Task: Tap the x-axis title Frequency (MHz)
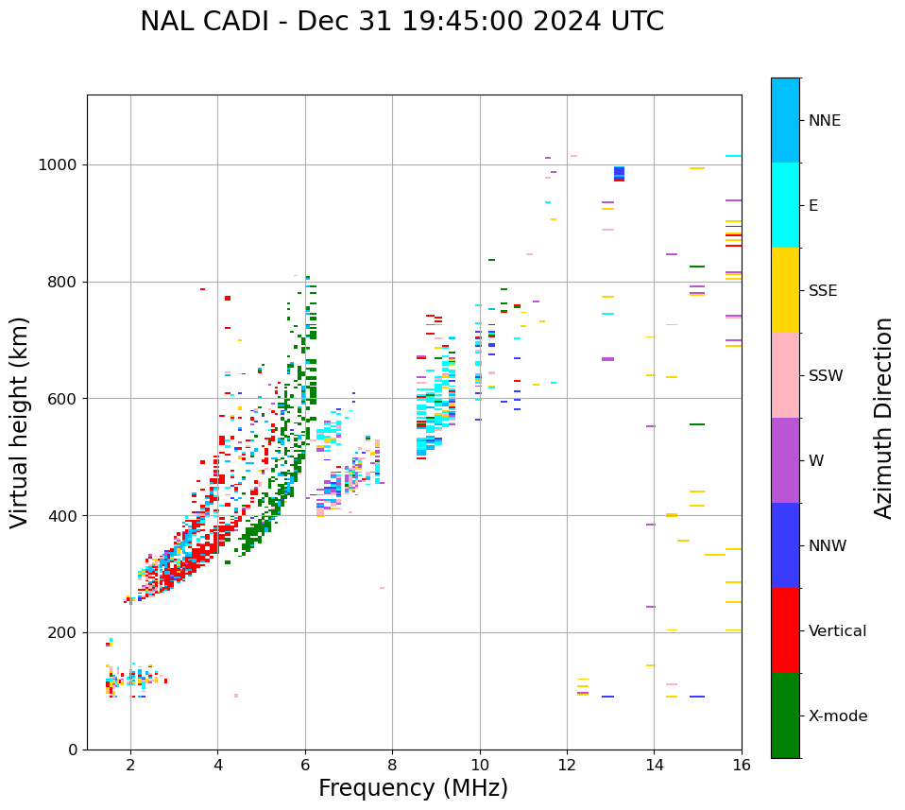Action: click(x=413, y=788)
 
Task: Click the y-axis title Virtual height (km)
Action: click(x=20, y=422)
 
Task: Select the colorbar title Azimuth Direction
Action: click(x=883, y=418)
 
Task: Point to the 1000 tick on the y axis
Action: click(x=63, y=165)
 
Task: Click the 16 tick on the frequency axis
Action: click(x=741, y=764)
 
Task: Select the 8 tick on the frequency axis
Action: click(x=392, y=764)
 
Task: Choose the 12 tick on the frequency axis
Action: click(x=567, y=764)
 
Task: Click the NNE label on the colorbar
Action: click(x=824, y=121)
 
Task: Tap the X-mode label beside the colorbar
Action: click(x=837, y=716)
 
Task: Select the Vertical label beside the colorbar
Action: click(x=837, y=631)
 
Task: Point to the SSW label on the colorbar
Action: click(x=826, y=376)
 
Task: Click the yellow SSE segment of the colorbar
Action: click(x=785, y=290)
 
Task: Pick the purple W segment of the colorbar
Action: click(x=785, y=460)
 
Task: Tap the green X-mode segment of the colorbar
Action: click(x=785, y=715)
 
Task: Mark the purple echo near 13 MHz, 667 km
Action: click(x=607, y=359)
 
